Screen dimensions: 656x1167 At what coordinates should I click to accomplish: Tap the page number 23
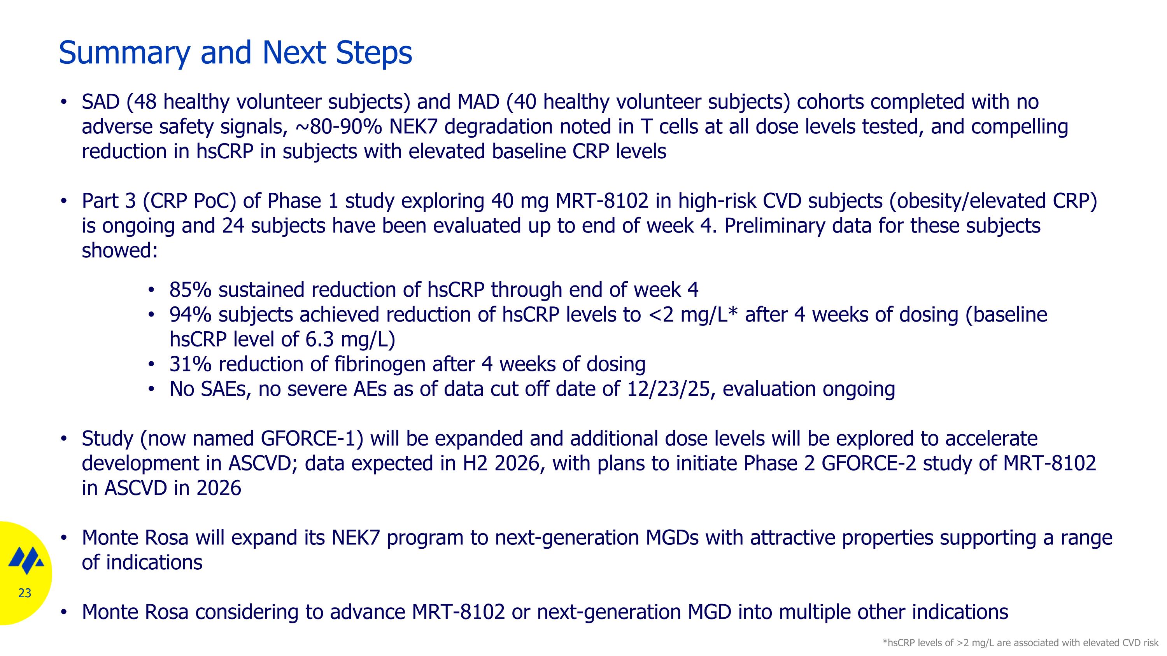(25, 593)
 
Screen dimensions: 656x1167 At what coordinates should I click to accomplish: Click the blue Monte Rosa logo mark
(26, 560)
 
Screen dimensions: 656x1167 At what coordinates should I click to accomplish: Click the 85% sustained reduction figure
(190, 290)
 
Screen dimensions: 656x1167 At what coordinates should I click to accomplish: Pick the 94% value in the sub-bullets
(190, 315)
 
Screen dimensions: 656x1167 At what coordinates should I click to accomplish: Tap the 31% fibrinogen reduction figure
(190, 364)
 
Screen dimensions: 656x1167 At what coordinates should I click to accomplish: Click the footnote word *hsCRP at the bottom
(902, 643)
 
